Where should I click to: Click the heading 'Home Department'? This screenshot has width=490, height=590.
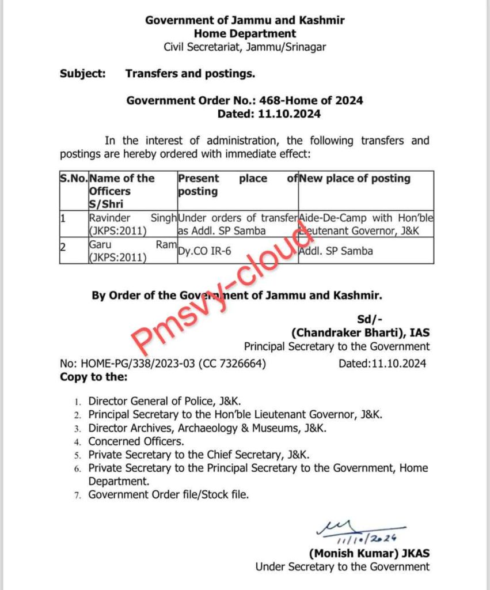click(x=245, y=34)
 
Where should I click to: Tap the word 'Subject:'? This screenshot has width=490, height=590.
click(x=82, y=74)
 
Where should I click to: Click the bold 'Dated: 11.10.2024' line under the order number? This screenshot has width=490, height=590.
click(x=269, y=114)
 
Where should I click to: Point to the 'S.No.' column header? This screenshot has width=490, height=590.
click(x=74, y=179)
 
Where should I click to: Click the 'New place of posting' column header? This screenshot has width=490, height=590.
click(x=355, y=179)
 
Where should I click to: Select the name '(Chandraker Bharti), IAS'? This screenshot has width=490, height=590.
click(x=360, y=332)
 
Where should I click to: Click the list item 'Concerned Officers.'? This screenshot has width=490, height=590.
click(x=136, y=441)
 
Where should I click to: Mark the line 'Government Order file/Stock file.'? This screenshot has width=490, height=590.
click(x=168, y=494)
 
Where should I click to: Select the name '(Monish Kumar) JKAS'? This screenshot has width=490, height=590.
click(x=369, y=553)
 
